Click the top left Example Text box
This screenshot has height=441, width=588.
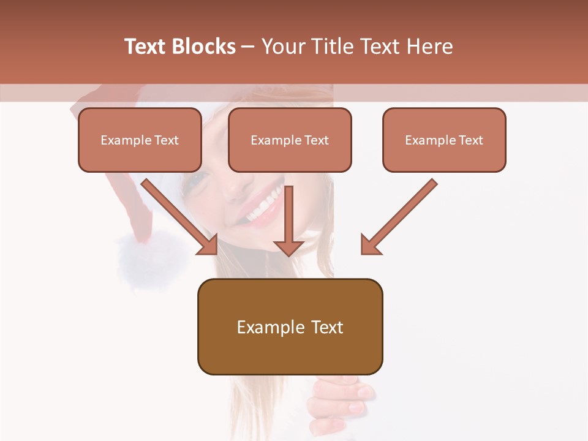tap(140, 140)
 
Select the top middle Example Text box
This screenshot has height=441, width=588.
tap(290, 140)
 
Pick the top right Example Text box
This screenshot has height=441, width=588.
tap(444, 140)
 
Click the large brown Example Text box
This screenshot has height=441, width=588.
tap(290, 327)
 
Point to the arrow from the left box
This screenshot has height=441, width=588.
tap(181, 217)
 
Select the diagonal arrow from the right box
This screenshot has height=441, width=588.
tap(398, 217)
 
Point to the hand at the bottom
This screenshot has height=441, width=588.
tap(340, 401)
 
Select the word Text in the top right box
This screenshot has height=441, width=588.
tap(470, 140)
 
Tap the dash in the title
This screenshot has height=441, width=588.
tap(248, 47)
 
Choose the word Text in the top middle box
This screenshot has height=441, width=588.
tap(316, 140)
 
